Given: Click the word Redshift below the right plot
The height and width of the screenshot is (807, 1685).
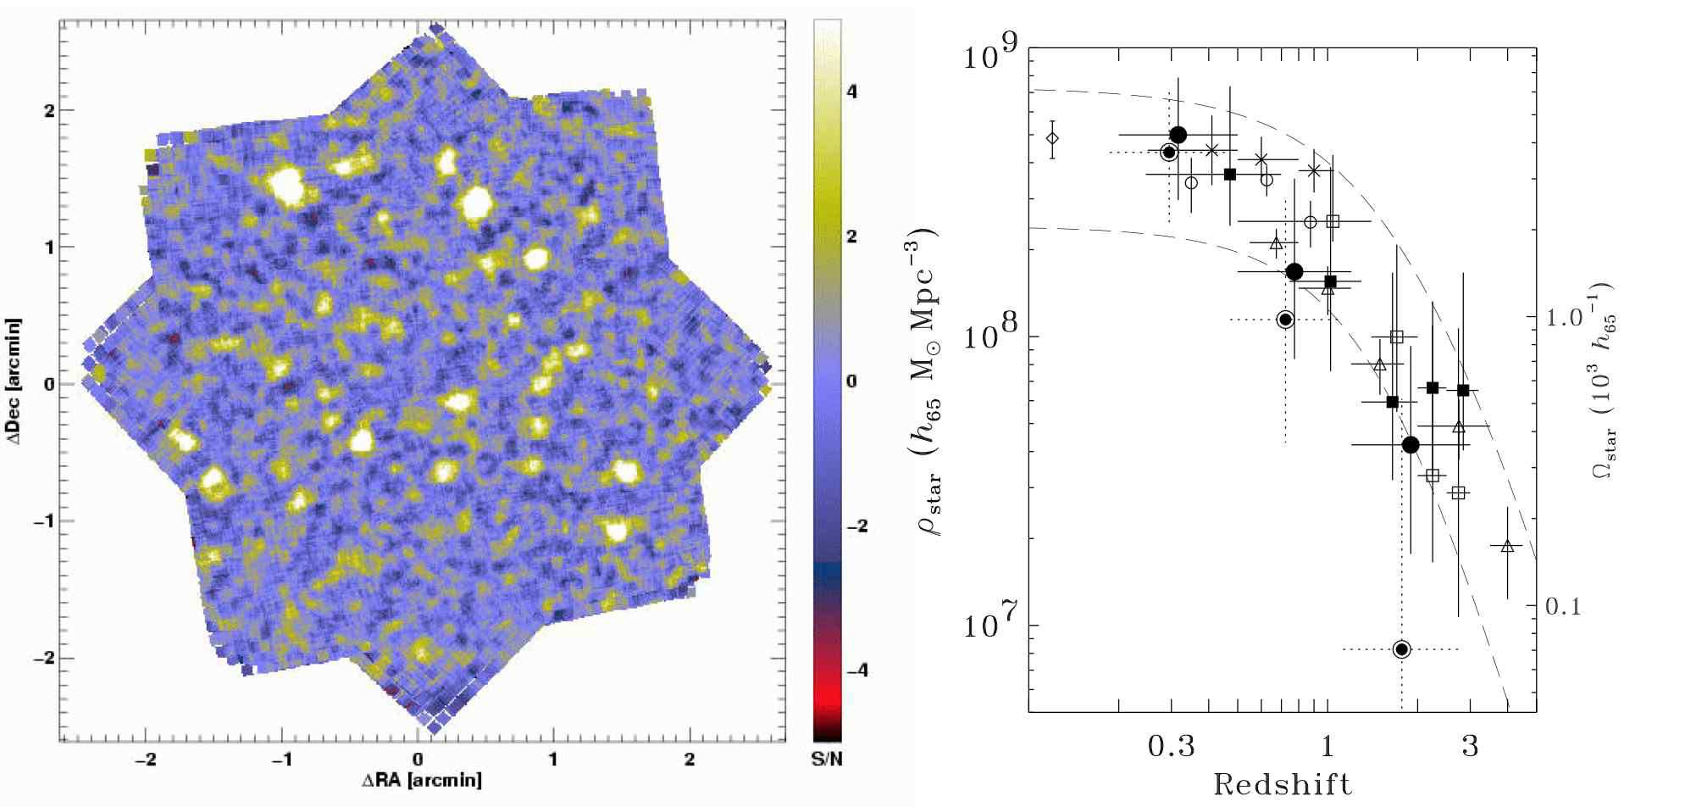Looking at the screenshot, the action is [x=1283, y=784].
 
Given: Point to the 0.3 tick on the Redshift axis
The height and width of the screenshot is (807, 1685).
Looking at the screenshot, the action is [x=1171, y=747].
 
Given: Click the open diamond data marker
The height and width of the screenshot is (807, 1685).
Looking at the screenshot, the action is [x=1052, y=138].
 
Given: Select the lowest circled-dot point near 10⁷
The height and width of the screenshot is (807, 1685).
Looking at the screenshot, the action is [x=1401, y=649].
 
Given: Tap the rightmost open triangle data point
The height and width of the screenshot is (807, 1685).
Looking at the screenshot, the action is [x=1507, y=546].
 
